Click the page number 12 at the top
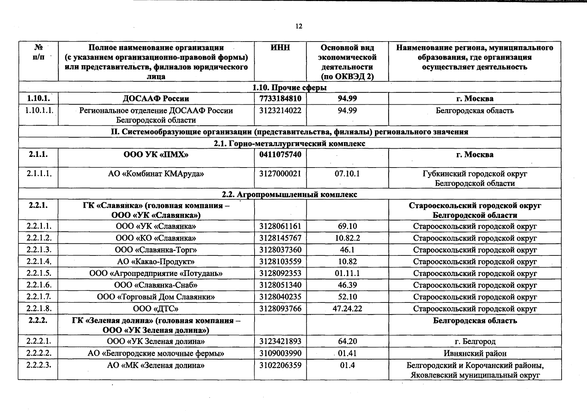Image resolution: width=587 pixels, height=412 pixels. click(x=298, y=26)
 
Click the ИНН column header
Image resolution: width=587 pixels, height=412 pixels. click(x=280, y=48)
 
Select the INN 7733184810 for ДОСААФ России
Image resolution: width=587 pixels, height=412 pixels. click(x=280, y=99)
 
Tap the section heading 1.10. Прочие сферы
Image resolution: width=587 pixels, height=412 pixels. click(x=290, y=88)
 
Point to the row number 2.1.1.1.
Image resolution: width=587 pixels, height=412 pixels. click(x=39, y=174)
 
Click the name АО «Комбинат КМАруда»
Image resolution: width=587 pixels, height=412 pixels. click(x=156, y=174)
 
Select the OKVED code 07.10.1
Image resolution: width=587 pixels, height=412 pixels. click(x=347, y=174)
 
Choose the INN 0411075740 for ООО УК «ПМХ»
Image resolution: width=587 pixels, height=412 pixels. click(x=280, y=154)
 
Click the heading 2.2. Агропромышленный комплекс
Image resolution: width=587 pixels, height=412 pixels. click(x=290, y=195)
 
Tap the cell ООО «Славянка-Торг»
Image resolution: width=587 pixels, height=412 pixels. click(x=156, y=250)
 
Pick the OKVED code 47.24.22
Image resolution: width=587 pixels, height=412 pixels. click(x=347, y=309)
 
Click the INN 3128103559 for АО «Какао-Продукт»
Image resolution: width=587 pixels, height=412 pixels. click(x=280, y=262)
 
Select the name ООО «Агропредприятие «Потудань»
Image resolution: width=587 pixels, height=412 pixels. click(x=156, y=274)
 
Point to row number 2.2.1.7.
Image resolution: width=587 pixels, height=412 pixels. click(x=39, y=297)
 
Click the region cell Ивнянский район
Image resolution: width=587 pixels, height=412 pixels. click(x=475, y=353)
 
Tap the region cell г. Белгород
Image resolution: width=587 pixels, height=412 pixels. click(x=475, y=342)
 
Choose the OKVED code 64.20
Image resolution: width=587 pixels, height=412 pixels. click(x=347, y=342)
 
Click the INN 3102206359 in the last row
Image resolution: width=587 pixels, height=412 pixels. click(x=280, y=365)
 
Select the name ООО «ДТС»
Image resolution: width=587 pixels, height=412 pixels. click(x=156, y=309)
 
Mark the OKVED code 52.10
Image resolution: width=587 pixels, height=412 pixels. click(x=347, y=297)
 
